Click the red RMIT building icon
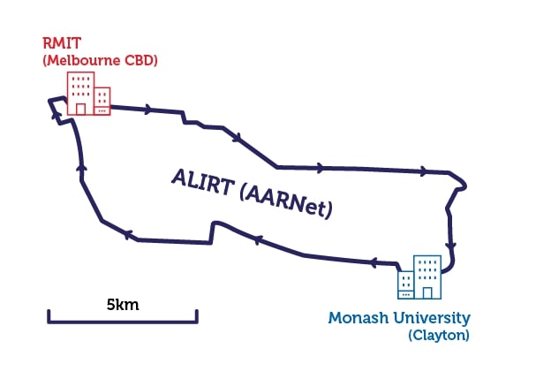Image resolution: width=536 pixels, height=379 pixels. click(x=89, y=94)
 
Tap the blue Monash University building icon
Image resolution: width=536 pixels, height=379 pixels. click(x=419, y=277)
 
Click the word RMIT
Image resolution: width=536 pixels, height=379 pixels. click(x=62, y=43)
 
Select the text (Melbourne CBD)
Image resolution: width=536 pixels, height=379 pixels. click(x=100, y=60)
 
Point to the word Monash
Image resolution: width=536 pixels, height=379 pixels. click(x=359, y=318)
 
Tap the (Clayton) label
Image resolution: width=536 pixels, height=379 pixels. click(x=439, y=335)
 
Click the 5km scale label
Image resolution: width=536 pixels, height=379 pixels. click(x=123, y=305)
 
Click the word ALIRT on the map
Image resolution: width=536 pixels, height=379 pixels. click(x=203, y=182)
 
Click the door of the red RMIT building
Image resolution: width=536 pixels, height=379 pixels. click(x=80, y=110)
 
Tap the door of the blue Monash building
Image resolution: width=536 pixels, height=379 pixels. click(x=427, y=292)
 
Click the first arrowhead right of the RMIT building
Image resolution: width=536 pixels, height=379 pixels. click(x=148, y=110)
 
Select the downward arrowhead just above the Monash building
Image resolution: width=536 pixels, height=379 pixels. click(x=451, y=246)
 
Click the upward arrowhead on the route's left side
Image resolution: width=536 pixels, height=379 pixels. click(x=81, y=167)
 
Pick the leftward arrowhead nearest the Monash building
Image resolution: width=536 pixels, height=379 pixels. click(x=374, y=262)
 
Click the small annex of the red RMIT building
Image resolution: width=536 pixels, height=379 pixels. click(x=102, y=102)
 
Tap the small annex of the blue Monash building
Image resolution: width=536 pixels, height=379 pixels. click(x=406, y=285)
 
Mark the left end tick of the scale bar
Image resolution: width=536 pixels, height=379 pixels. click(x=49, y=315)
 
